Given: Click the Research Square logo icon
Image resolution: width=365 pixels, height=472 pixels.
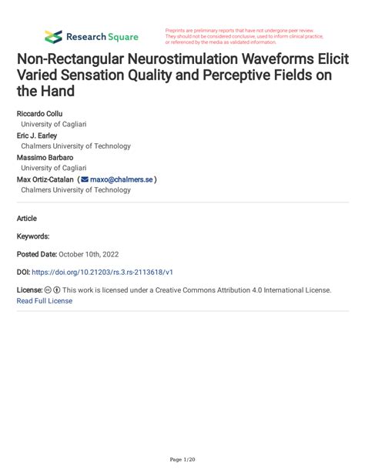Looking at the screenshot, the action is tap(53, 36).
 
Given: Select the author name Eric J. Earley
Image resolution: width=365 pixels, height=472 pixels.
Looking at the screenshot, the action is tap(37, 135).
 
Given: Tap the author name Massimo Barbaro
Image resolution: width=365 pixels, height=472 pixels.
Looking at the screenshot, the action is tap(42, 157).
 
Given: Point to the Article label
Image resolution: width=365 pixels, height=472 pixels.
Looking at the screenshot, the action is tap(27, 219).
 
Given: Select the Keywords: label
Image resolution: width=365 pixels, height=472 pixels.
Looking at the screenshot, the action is tap(33, 236).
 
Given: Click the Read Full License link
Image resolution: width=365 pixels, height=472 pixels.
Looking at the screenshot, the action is tap(44, 301).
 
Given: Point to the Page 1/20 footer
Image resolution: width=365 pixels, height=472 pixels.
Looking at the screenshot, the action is tap(182, 459).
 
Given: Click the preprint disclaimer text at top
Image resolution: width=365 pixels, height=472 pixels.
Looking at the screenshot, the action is tap(244, 35).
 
